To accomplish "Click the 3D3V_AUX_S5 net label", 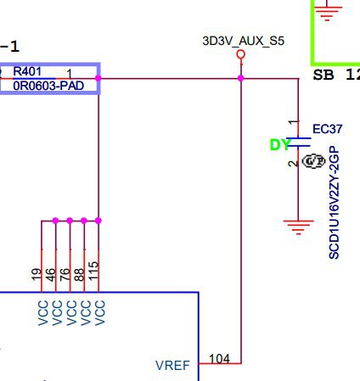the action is pos(243,41).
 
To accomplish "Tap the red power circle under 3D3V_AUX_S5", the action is pos(240,53).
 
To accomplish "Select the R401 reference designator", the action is pos(27,71).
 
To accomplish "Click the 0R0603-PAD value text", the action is pos(48,86).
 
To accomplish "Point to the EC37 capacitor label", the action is pos(328,129).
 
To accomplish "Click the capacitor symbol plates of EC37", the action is pos(298,142).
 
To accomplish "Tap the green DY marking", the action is pos(279,145).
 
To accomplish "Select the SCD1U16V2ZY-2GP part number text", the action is pos(334,202).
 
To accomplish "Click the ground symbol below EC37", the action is pos(298,227).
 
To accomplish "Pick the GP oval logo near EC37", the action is pos(313,161).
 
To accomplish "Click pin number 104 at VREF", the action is pos(219,359).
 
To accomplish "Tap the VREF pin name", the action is pos(172,366).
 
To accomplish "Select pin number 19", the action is pos(37,274).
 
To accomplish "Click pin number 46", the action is pos(50,275).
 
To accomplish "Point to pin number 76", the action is pos(65,274).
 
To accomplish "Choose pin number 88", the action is pos(79,275).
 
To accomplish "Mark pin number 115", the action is pos(93,271).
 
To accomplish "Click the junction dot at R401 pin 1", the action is pos(98,78).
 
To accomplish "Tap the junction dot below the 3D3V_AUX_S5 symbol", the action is pos(240,78).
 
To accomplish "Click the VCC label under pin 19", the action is pos(43,313).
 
